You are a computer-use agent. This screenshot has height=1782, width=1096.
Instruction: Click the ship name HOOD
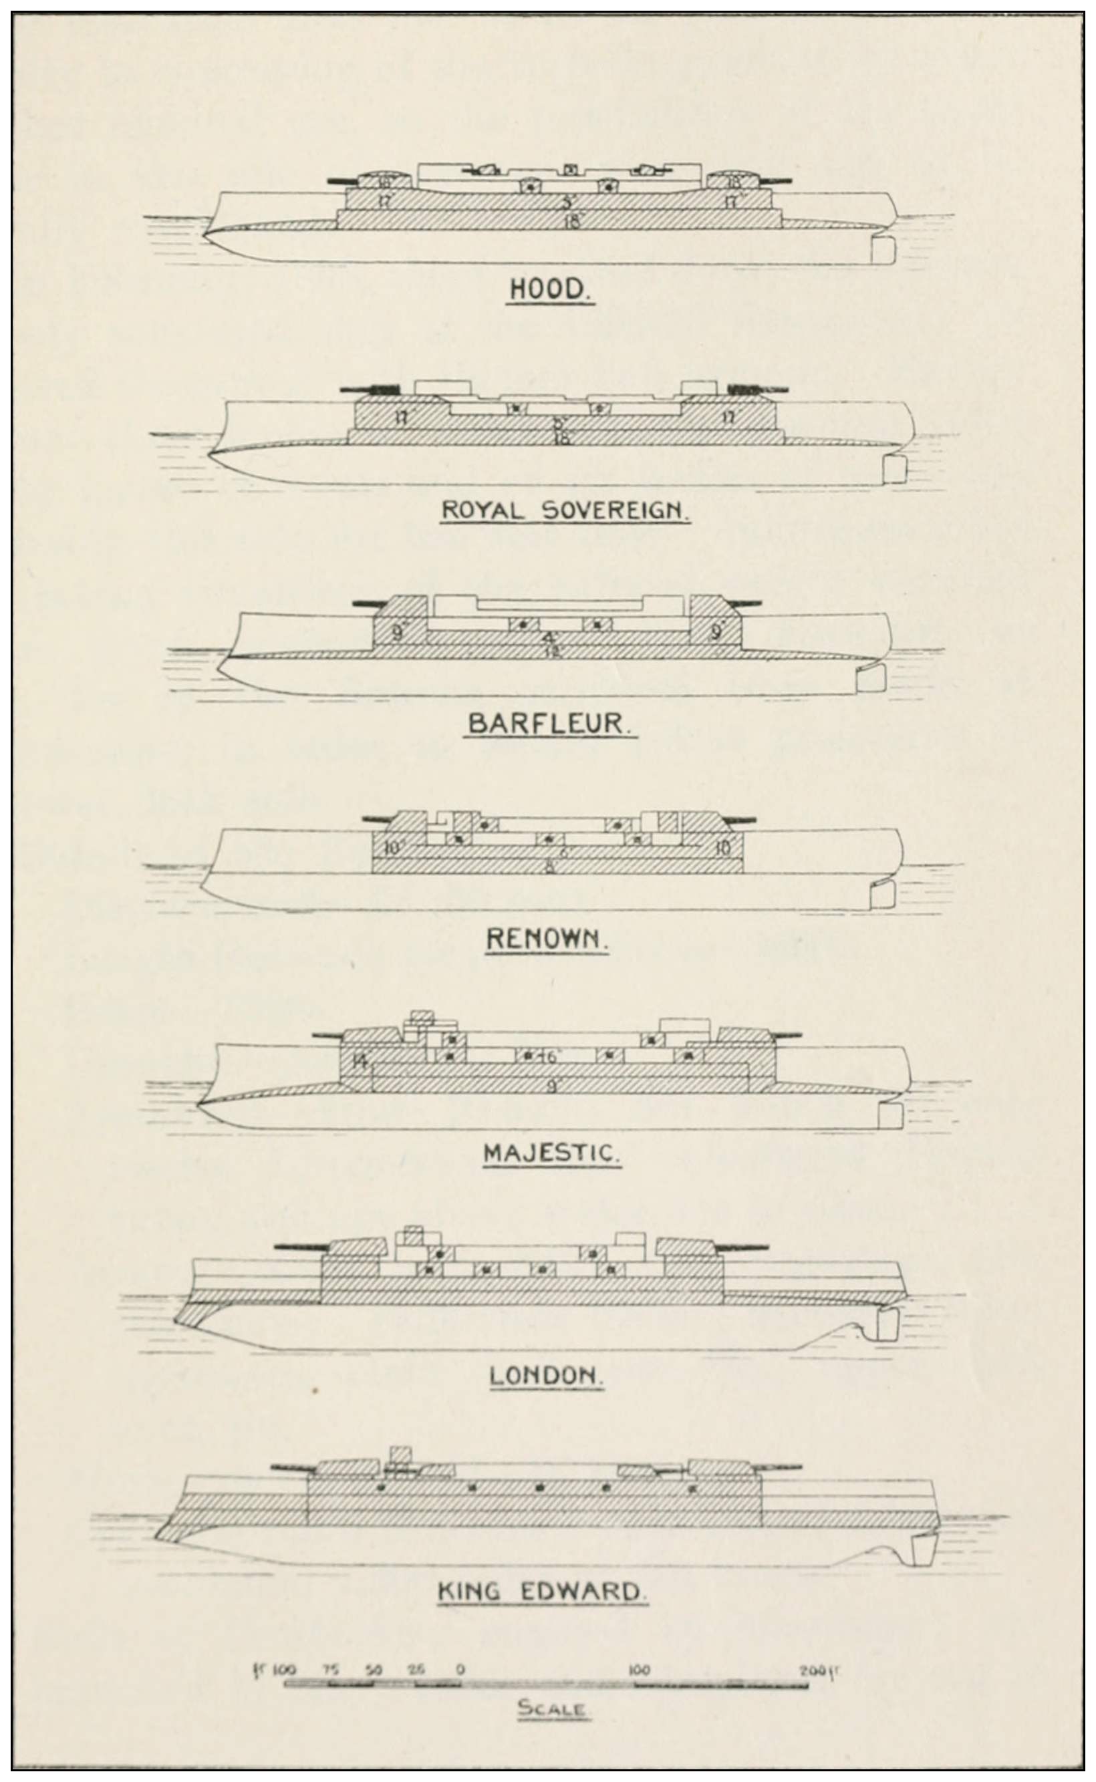550,289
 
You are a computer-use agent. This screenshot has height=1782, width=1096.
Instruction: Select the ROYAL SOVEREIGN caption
565,510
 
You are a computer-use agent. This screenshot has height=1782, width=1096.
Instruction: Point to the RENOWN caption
547,939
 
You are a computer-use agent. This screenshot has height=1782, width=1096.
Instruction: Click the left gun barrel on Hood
344,180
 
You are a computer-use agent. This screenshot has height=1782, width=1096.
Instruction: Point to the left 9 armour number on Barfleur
397,632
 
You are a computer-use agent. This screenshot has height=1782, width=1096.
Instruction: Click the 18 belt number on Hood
572,222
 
